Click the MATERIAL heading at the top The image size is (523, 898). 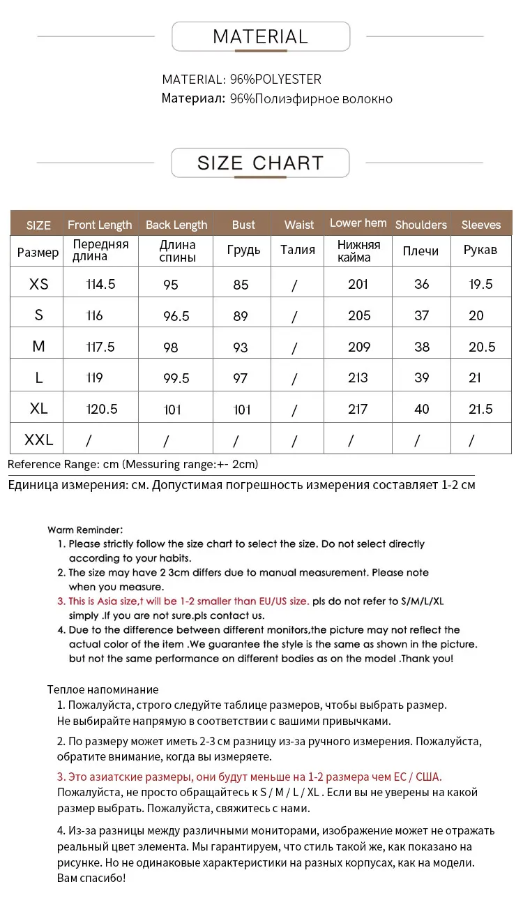[x=260, y=37]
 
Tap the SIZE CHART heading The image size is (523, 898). [x=260, y=163]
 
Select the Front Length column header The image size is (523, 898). [x=100, y=225]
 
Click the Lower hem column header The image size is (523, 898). [x=358, y=223]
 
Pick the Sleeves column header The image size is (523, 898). [x=481, y=225]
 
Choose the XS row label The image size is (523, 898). [x=39, y=284]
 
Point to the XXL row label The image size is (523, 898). [x=39, y=440]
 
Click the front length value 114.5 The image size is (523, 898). [x=100, y=284]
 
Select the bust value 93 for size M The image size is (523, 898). [x=241, y=347]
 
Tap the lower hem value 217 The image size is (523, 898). [x=358, y=409]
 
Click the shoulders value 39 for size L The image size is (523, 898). [x=422, y=377]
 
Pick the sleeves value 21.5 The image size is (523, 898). [x=481, y=409]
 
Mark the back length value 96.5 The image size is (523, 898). [x=176, y=316]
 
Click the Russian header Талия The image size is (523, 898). [x=298, y=250]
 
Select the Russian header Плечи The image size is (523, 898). [x=421, y=250]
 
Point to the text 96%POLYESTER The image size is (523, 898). [x=275, y=80]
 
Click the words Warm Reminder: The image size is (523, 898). [x=85, y=530]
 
